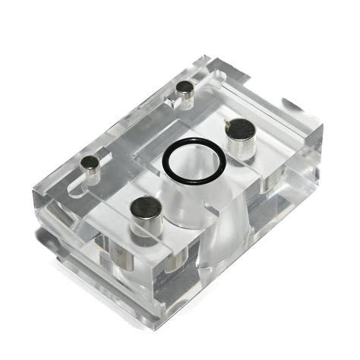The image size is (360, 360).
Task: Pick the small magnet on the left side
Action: point(90,165)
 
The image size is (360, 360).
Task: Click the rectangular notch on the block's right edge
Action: point(292,107)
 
